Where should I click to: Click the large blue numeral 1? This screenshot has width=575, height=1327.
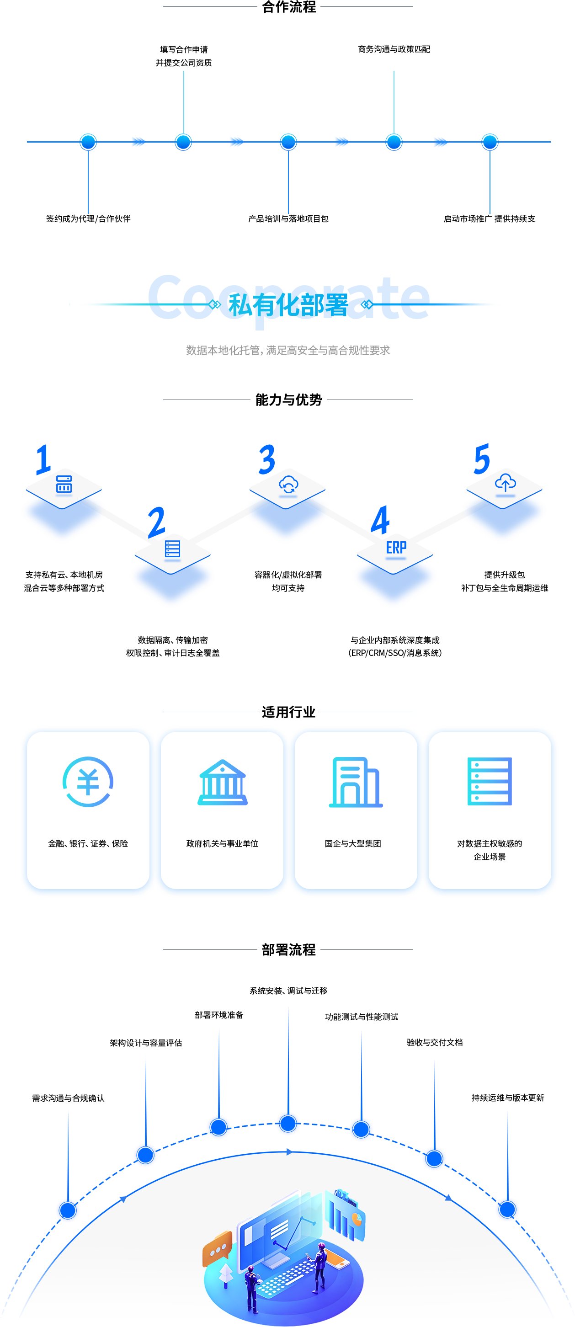[44, 458]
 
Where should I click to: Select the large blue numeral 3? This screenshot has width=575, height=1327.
[266, 459]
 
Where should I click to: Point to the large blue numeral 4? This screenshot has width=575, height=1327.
[380, 520]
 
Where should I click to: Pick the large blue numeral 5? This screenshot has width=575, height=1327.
[481, 458]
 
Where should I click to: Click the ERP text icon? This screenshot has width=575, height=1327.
[396, 547]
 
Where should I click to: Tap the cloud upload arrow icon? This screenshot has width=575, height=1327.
[505, 483]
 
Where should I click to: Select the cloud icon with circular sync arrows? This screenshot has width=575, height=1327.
[288, 484]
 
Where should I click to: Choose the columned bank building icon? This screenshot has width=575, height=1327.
[222, 782]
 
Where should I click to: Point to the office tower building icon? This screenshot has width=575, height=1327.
[356, 782]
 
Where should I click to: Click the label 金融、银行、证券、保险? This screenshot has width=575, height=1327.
[88, 843]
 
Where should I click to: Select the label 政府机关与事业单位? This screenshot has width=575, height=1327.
[222, 843]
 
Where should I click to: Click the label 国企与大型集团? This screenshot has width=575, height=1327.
[353, 843]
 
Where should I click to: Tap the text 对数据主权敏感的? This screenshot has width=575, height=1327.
[490, 843]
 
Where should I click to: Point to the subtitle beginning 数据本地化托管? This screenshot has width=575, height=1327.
[288, 350]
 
